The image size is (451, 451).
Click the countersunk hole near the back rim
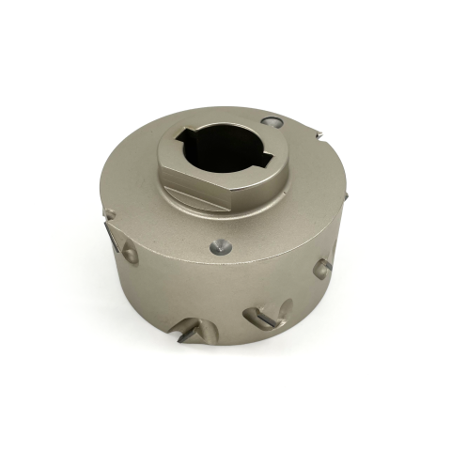click(x=272, y=122)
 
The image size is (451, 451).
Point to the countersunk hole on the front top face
click(x=219, y=247)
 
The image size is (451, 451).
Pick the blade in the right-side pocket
click(x=324, y=267)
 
